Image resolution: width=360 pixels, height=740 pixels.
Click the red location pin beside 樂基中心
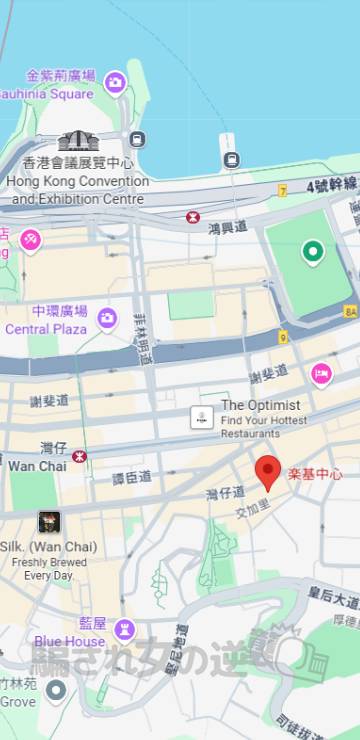(267, 470)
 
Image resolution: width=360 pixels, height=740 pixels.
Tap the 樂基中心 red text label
(315, 474)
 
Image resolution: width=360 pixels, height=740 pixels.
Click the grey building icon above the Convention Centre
(77, 141)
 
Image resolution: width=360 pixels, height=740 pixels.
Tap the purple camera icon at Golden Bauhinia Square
(115, 81)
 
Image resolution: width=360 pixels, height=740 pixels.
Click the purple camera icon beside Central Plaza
(107, 319)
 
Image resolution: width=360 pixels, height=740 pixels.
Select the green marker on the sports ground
(313, 252)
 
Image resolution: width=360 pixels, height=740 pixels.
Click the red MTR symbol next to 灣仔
(80, 456)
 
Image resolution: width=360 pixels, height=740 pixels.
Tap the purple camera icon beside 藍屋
(124, 628)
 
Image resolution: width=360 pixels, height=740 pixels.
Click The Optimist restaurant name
(260, 405)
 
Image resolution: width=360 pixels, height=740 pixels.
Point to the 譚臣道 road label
(131, 478)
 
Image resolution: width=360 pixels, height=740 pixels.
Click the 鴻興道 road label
(227, 229)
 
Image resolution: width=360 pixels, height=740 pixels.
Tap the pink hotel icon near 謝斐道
(321, 375)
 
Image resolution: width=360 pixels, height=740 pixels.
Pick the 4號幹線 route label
(332, 185)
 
